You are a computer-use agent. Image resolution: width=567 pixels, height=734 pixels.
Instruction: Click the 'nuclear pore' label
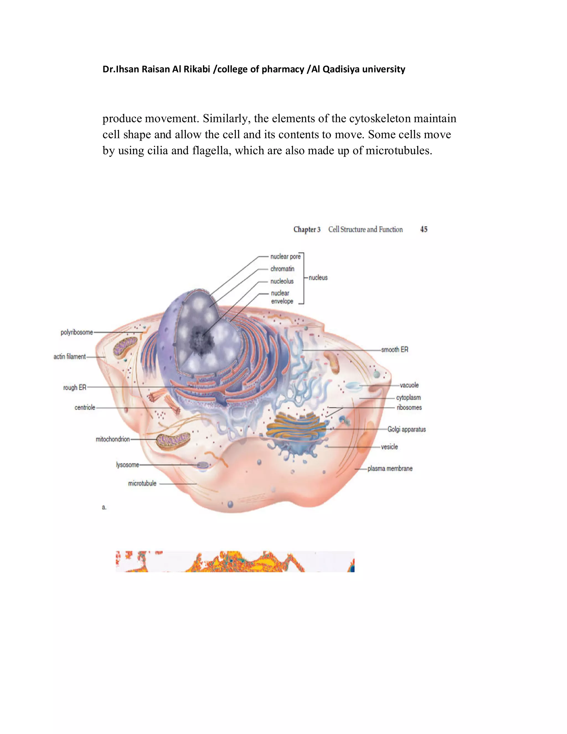(x=285, y=256)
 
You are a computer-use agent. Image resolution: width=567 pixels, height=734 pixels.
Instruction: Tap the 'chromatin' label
(x=282, y=269)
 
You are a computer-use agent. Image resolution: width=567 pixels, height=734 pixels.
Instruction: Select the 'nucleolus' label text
(x=282, y=281)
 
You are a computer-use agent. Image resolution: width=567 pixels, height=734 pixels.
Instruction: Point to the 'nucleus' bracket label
(x=318, y=278)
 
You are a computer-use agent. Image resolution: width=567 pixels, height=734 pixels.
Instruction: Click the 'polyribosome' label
(x=77, y=332)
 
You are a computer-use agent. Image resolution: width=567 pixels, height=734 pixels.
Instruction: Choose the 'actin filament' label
(x=69, y=356)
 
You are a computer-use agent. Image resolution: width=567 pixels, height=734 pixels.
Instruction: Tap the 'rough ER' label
(x=74, y=387)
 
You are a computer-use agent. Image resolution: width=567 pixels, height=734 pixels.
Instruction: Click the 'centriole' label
(x=85, y=408)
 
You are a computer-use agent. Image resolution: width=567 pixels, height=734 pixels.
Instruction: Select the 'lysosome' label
(x=127, y=465)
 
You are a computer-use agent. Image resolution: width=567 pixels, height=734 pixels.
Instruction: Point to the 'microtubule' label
(x=142, y=484)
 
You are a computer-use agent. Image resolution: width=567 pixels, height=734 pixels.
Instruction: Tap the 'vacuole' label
(x=409, y=385)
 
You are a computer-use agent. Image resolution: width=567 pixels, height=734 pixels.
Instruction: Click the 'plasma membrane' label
(x=390, y=468)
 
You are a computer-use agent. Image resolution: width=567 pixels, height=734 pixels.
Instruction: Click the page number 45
(x=424, y=229)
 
